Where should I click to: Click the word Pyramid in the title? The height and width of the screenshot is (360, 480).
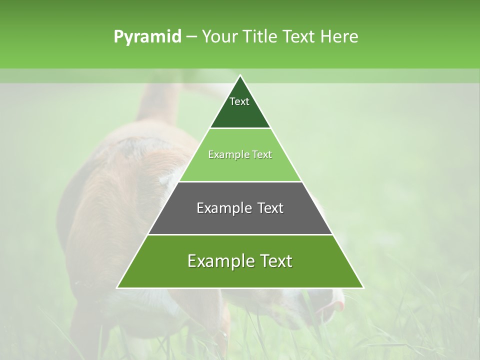click(x=147, y=36)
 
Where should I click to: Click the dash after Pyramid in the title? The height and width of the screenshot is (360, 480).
click(x=191, y=37)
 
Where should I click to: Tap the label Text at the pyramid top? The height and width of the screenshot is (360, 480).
click(x=239, y=101)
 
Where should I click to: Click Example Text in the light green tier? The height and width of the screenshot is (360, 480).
click(x=240, y=154)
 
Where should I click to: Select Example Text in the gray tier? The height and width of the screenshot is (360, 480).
click(x=240, y=208)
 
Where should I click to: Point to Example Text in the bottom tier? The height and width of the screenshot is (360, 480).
click(x=240, y=261)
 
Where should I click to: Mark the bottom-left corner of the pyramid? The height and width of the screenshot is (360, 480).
click(x=117, y=287)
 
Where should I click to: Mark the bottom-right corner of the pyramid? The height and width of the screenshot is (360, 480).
click(x=363, y=287)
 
